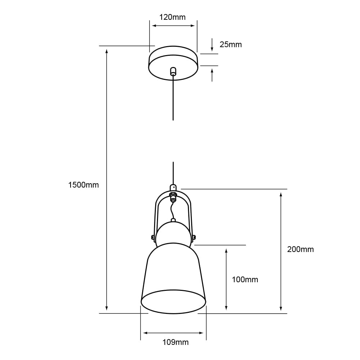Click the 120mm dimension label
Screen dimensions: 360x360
tap(172, 17)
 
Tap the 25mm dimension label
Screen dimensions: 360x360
tap(230, 45)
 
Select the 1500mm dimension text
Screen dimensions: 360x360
tap(83, 185)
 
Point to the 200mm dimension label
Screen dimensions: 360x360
tap(300, 249)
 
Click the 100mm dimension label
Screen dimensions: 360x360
tap(245, 279)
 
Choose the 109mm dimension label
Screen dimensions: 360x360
tap(175, 342)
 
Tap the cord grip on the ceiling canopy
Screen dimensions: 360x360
tap(173, 71)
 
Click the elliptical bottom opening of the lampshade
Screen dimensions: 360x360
tap(173, 301)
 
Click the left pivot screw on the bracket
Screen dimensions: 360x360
tap(153, 237)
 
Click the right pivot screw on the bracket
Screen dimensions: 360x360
tap(194, 237)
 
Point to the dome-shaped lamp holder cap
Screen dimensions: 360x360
tap(173, 233)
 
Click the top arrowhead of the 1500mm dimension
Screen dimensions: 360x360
tap(107, 50)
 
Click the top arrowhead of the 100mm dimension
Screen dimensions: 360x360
tap(226, 251)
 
